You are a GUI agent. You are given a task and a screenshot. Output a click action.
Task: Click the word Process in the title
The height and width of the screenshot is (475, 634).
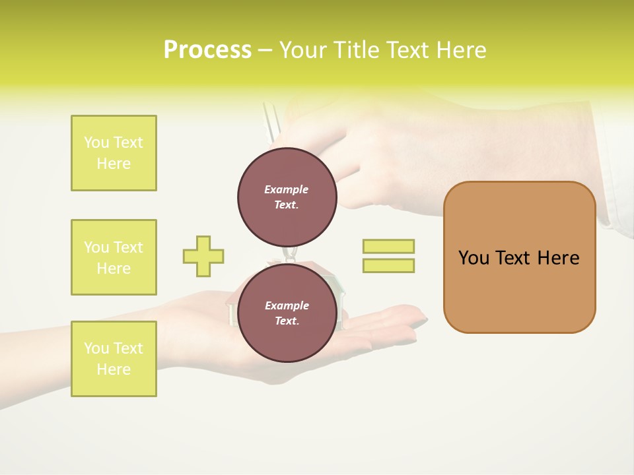[x=207, y=50]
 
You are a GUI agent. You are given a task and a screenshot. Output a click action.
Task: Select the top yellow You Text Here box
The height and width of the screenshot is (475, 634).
[x=114, y=153]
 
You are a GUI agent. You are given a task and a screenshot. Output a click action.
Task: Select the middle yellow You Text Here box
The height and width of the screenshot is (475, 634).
[x=114, y=257]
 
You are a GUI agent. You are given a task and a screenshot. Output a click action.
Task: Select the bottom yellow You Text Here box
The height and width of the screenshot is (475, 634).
[x=114, y=359]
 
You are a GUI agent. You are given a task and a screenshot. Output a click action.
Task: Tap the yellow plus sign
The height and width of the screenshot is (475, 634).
[x=203, y=256]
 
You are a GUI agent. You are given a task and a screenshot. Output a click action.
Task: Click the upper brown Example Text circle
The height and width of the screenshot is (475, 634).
[x=287, y=197]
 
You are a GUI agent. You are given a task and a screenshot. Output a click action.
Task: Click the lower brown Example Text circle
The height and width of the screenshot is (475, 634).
[x=287, y=313]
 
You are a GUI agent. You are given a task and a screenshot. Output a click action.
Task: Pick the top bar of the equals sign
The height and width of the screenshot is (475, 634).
[x=388, y=246]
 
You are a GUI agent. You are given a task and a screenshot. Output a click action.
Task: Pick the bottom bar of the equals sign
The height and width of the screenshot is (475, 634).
[x=388, y=265]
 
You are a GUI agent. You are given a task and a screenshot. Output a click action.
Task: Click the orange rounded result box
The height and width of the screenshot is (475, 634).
[x=519, y=257]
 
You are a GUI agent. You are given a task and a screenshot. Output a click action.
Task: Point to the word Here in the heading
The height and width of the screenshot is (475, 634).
[x=460, y=50]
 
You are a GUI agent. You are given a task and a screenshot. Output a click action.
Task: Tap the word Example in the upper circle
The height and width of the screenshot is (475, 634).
[x=287, y=189]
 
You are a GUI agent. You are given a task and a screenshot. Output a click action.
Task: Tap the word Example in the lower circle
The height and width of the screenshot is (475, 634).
[x=287, y=305]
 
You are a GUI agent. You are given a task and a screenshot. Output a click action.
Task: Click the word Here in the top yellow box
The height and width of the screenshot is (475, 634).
[x=114, y=164]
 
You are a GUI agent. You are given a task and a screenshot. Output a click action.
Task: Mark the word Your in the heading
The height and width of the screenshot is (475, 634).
[x=303, y=50]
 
